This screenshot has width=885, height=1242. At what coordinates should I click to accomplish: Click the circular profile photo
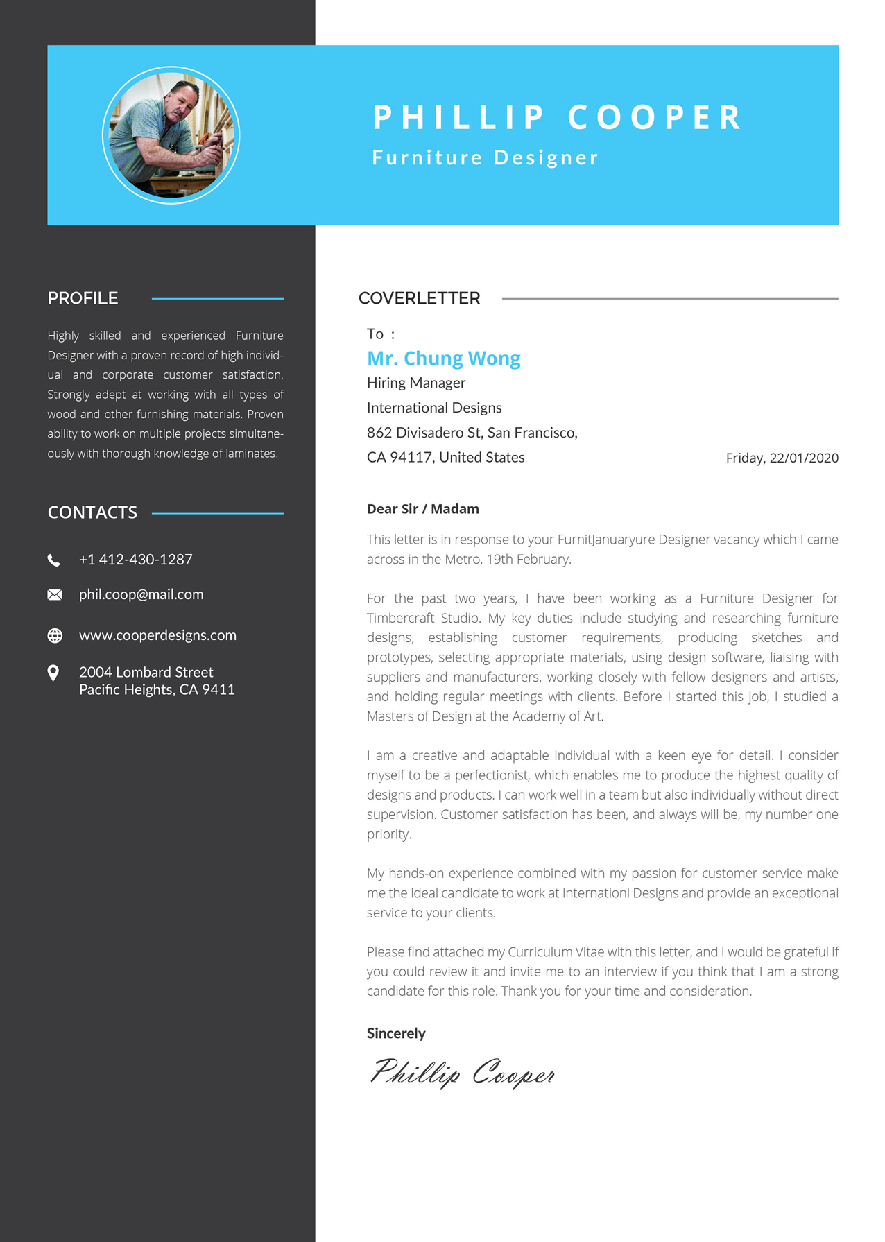tap(171, 135)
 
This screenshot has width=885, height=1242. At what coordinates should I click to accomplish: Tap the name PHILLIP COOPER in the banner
tap(557, 117)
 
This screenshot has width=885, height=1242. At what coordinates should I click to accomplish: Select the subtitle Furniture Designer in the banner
tap(485, 157)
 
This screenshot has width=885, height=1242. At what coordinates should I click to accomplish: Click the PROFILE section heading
tap(83, 298)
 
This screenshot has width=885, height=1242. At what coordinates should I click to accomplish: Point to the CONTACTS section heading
tap(92, 512)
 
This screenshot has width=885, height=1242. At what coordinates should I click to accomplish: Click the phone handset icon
tap(54, 560)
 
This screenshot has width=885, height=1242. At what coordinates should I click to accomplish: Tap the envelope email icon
tap(55, 595)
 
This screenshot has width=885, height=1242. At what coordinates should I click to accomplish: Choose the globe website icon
tap(55, 636)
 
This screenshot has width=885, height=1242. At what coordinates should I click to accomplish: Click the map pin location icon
tap(53, 673)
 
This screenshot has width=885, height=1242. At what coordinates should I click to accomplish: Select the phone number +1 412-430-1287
tap(136, 560)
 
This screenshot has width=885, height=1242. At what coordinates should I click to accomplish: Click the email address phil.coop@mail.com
tap(141, 594)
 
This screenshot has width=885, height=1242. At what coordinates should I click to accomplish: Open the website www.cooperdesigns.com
tap(157, 635)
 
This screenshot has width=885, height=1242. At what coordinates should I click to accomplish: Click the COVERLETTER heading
tap(419, 298)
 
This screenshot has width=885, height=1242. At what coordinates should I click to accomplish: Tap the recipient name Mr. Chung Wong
tap(444, 358)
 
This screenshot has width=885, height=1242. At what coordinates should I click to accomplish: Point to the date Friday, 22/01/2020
tap(782, 458)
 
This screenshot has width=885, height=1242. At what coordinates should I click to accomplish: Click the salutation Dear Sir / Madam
tap(423, 509)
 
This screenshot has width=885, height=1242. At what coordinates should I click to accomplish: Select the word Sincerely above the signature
tap(396, 1033)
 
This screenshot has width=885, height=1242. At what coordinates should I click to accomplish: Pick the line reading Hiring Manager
tap(416, 383)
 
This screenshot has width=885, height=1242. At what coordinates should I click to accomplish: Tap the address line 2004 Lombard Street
tap(146, 672)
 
